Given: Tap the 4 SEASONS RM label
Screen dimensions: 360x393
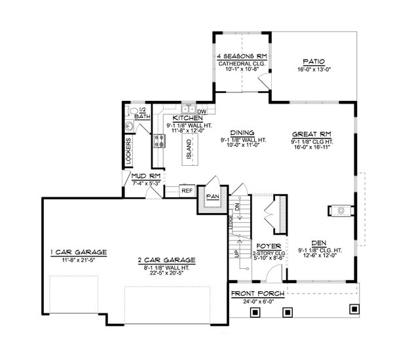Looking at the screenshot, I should pos(240,58).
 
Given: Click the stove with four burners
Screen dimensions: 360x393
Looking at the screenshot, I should pos(158,140).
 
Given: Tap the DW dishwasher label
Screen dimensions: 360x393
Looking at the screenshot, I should pos(201,111).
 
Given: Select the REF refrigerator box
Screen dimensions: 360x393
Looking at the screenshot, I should pos(187,191).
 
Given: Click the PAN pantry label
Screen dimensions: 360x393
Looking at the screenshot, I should pos(212,195).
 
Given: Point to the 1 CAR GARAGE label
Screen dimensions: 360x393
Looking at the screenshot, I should pos(79,252).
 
